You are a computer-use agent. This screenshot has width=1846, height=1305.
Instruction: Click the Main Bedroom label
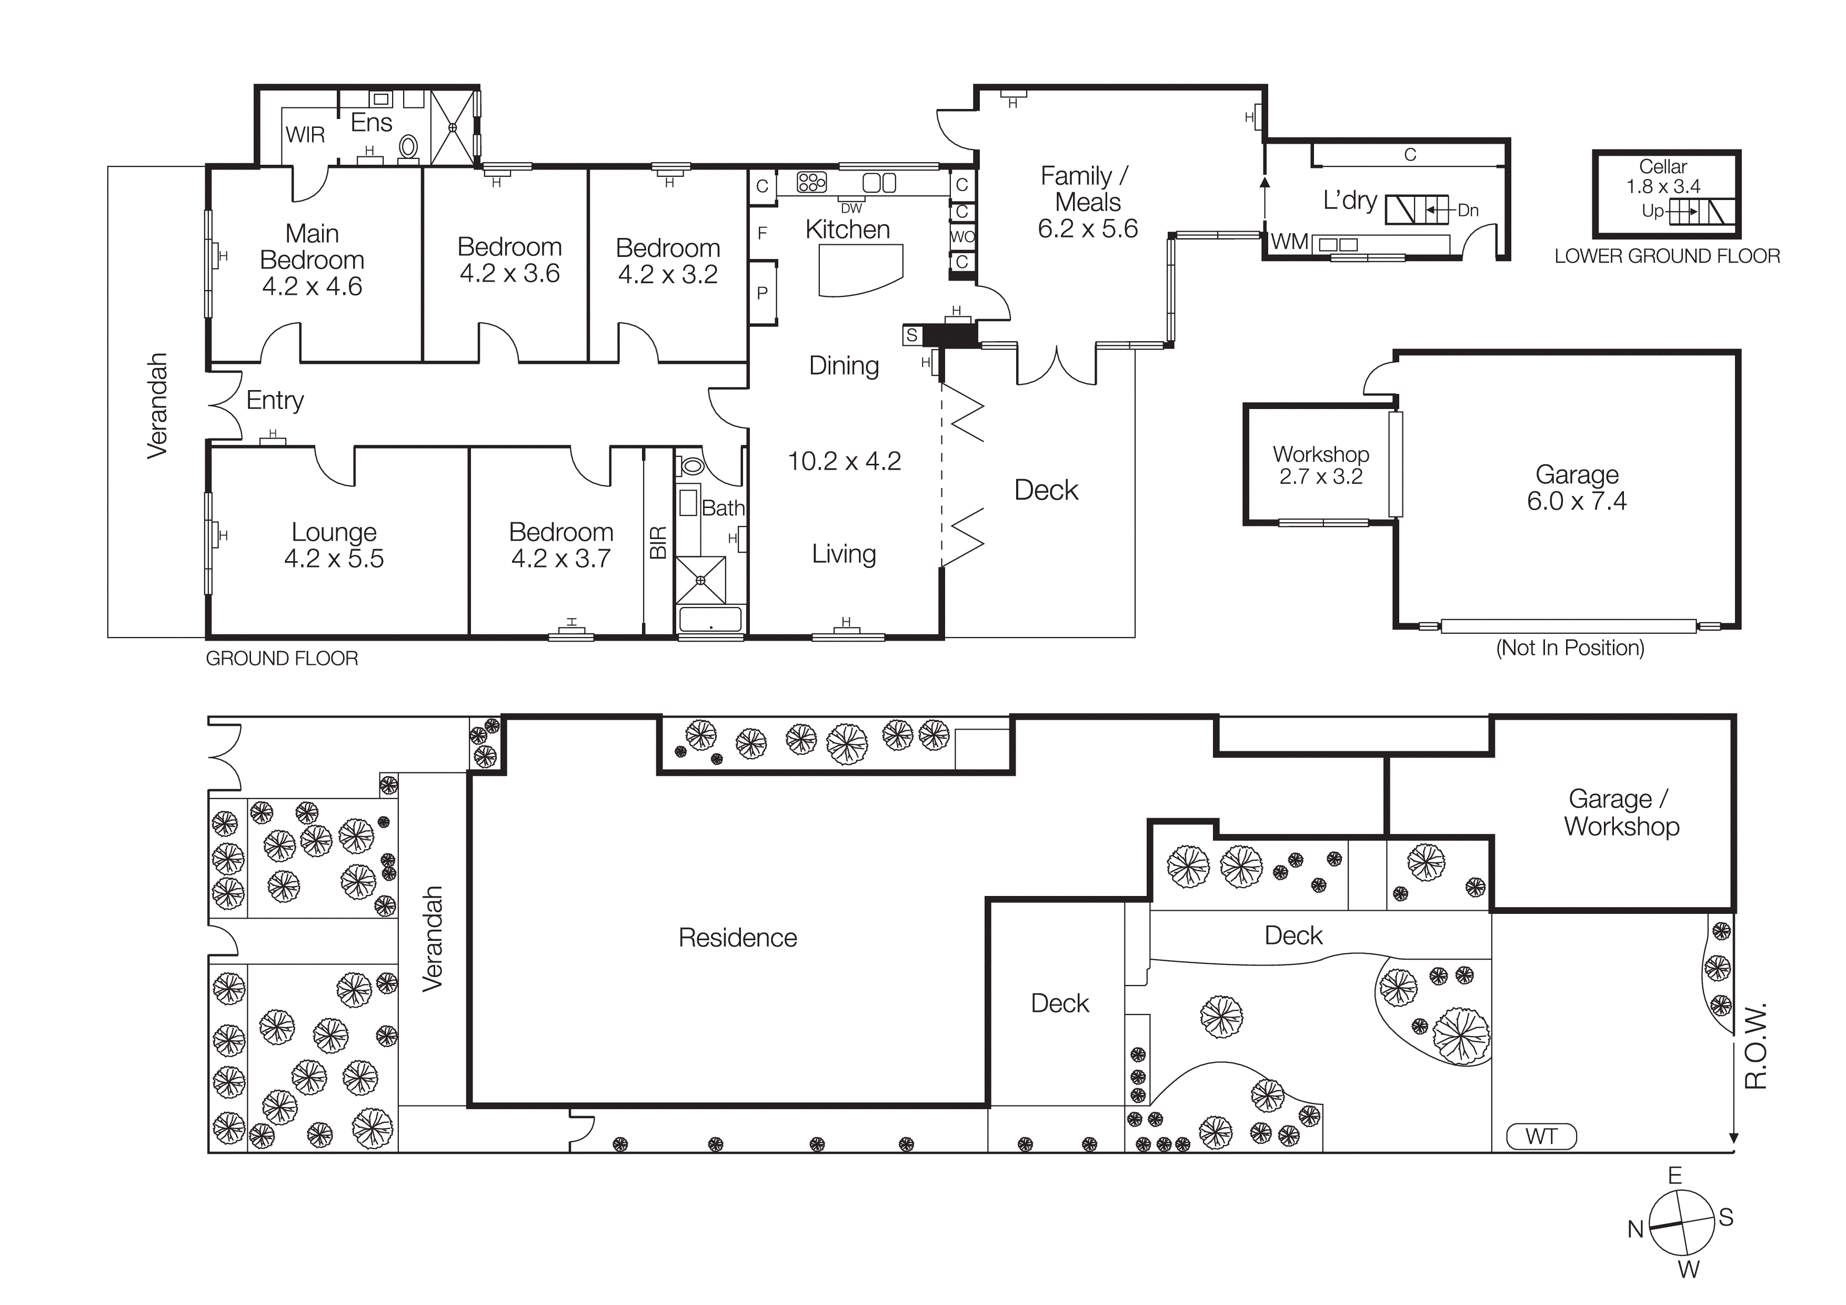312,259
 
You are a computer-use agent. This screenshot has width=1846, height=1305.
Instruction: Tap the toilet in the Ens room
408,147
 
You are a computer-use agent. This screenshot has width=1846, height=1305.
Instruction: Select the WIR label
306,135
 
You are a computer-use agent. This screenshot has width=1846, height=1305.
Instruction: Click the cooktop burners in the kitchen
811,183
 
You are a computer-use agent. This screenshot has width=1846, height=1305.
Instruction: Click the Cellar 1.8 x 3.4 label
1663,177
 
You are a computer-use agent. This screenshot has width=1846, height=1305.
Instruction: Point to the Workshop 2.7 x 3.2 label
1320,465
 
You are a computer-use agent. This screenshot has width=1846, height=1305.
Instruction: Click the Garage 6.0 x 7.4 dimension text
1576,501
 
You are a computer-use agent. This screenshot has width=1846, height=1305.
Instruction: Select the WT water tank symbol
1540,1136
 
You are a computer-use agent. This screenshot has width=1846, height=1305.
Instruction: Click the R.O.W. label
1756,1045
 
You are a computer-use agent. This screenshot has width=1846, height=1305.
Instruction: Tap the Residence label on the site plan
737,938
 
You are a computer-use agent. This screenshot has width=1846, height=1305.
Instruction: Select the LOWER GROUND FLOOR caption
1667,256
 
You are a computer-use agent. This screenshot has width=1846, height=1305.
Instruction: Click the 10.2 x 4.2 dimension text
844,461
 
